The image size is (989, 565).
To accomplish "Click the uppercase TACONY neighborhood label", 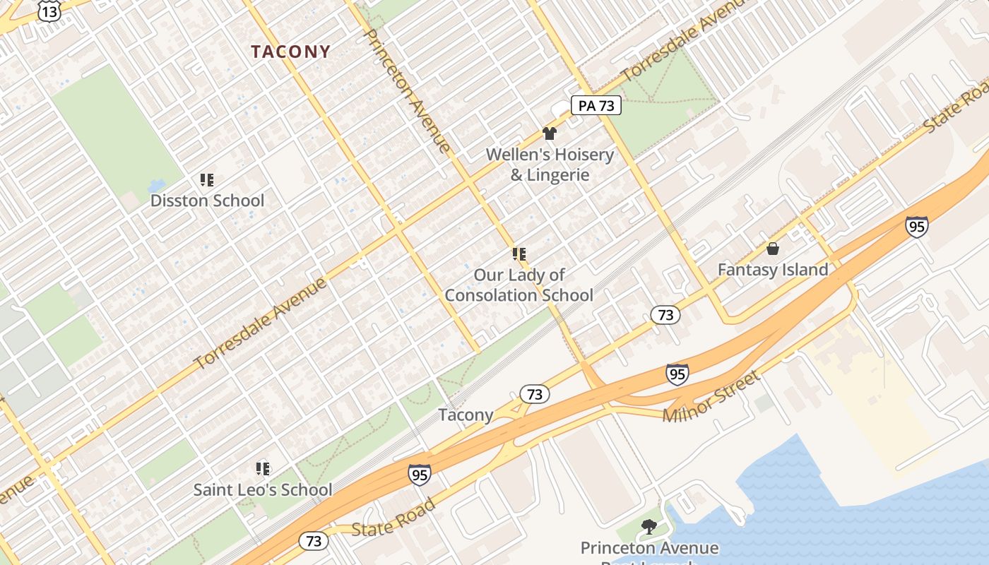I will pyautogui.click(x=290, y=52).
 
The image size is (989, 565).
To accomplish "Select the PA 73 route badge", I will pyautogui.click(x=596, y=106).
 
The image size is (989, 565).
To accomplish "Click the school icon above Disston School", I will pyautogui.click(x=206, y=180).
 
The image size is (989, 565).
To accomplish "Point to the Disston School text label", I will pyautogui.click(x=207, y=201).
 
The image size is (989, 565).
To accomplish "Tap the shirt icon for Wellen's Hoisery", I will pyautogui.click(x=550, y=133).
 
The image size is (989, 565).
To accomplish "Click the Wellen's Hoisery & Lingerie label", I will pyautogui.click(x=550, y=165).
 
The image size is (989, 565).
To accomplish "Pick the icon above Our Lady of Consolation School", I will pyautogui.click(x=519, y=254).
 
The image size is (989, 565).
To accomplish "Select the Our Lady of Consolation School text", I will pyautogui.click(x=519, y=285).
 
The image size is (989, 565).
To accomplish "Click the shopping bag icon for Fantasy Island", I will pyautogui.click(x=773, y=249).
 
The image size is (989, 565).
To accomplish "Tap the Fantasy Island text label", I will pyautogui.click(x=773, y=270).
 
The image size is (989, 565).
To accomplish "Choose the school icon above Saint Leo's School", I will pyautogui.click(x=263, y=468).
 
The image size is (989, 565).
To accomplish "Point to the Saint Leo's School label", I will pyautogui.click(x=263, y=489).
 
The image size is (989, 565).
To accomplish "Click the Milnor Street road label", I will pyautogui.click(x=711, y=396).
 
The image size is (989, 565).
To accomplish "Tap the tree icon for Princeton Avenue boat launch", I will pyautogui.click(x=648, y=526).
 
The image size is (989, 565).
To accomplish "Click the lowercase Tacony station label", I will pyautogui.click(x=466, y=415).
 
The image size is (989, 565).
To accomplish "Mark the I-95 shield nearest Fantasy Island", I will pyautogui.click(x=916, y=226).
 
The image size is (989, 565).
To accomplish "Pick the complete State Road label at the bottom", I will pyautogui.click(x=393, y=518).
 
